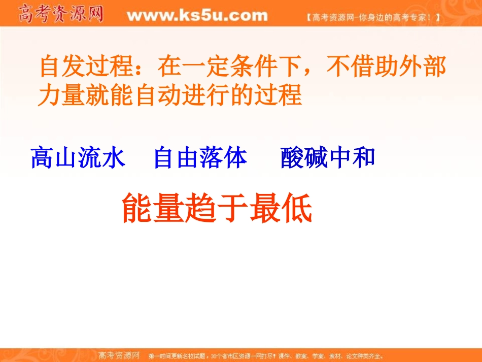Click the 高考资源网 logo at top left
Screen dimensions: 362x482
coord(60,14)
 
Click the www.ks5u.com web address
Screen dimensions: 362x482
coord(197,16)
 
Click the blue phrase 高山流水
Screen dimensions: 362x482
coord(78,157)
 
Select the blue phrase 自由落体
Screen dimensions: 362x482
coord(200,157)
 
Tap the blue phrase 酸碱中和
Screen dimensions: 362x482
coord(328,157)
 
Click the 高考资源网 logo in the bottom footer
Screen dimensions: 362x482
coord(118,355)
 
